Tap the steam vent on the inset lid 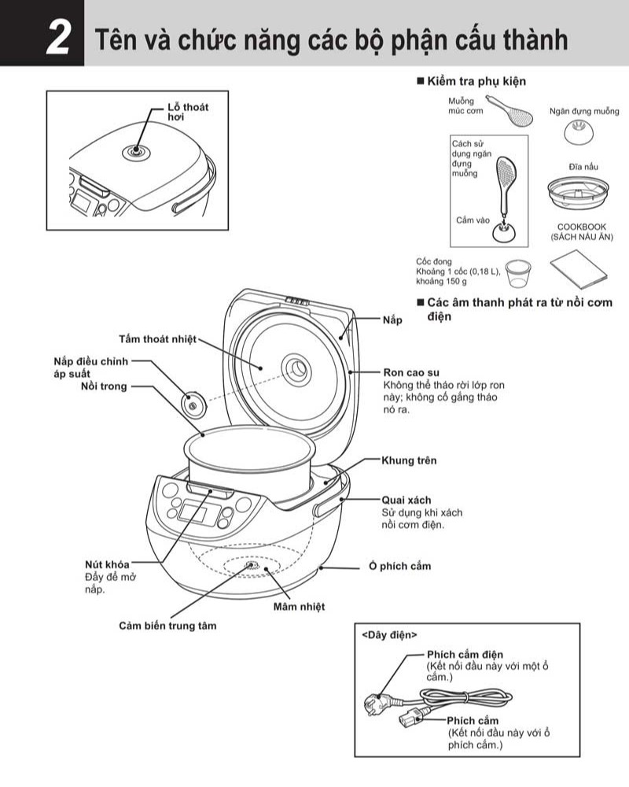138,150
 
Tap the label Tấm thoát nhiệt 157,339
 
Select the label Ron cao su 411,371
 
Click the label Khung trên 409,460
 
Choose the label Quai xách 406,500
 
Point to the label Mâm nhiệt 299,607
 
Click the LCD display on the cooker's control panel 193,512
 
